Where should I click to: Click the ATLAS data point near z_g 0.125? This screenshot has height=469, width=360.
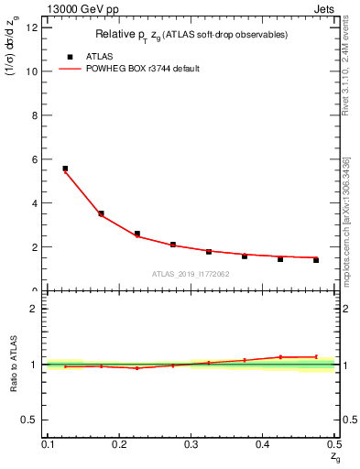coord(65,169)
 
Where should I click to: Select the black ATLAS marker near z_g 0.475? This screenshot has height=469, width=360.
coord(316,260)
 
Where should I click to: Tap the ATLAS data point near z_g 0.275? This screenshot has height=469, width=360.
coord(173,245)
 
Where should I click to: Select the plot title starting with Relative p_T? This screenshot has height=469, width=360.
coord(191,35)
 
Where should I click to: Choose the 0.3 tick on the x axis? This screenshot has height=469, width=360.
coord(191,444)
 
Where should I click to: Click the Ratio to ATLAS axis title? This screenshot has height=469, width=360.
coord(13,364)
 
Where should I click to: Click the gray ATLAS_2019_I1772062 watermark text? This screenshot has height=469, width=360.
coord(191,274)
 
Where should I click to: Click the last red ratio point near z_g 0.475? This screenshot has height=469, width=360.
coord(316,356)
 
